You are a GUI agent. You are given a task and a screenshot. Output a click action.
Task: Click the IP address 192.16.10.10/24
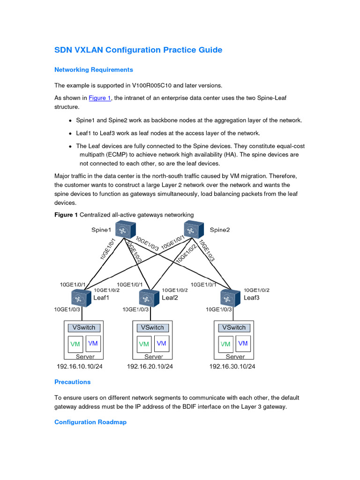click(x=79, y=367)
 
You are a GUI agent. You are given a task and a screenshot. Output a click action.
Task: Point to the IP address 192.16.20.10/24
click(x=150, y=367)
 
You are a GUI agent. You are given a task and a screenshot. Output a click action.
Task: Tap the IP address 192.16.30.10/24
click(x=232, y=367)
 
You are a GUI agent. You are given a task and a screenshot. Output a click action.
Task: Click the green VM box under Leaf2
click(x=144, y=345)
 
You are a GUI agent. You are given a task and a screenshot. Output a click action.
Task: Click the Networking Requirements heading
click(x=94, y=70)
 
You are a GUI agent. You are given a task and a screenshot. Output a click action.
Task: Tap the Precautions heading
click(x=72, y=382)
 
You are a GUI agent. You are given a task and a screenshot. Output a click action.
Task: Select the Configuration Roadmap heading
click(x=90, y=422)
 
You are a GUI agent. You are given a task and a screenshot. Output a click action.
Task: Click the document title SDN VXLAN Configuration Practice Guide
click(x=138, y=50)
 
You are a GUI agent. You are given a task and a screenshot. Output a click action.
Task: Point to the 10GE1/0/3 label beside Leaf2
click(x=135, y=309)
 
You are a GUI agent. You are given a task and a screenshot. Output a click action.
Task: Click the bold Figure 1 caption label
click(x=66, y=215)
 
